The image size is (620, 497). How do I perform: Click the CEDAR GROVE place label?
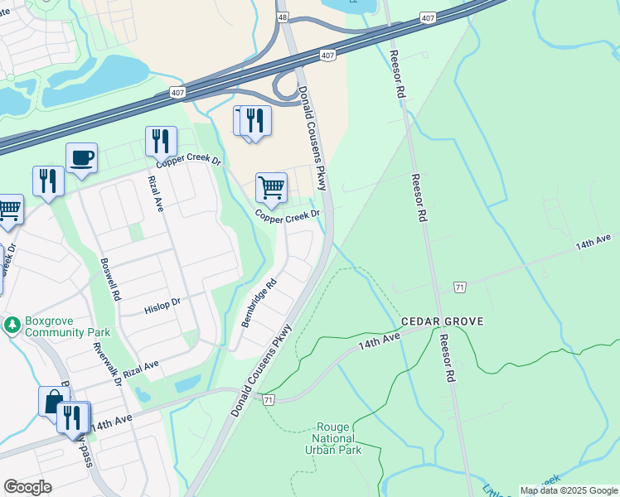(442, 321)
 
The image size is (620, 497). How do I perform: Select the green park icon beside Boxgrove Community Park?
(12, 323)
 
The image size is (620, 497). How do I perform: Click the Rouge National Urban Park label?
(335, 438)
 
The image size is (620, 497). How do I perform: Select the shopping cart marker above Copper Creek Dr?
(271, 188)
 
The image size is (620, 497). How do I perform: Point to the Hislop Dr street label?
(162, 304)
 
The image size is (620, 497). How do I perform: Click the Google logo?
(27, 487)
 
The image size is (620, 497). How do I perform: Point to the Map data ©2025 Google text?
(569, 490)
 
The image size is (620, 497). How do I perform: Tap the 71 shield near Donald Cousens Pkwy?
(268, 400)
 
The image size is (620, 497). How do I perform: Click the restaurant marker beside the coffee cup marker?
(48, 181)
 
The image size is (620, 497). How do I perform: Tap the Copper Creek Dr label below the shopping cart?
(288, 216)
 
